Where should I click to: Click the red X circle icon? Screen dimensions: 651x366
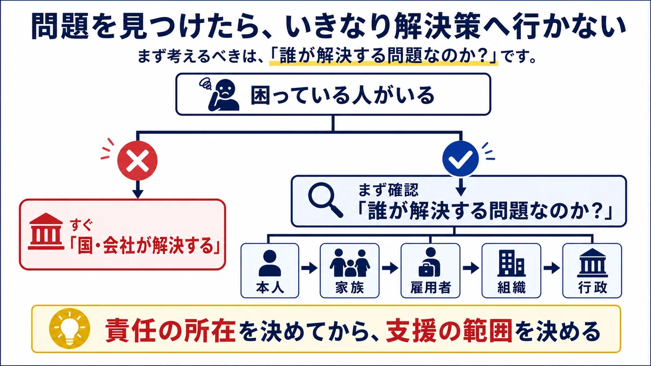137,160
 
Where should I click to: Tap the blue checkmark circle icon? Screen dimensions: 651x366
461,159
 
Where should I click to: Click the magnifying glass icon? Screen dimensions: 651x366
325,200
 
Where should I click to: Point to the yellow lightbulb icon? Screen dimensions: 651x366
70,328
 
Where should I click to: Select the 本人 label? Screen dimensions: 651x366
270,287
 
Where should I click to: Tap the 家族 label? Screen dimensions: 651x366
349,287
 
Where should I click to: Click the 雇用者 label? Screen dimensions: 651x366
430,287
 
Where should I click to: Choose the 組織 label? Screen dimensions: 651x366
512,287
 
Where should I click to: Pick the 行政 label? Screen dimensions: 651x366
592,287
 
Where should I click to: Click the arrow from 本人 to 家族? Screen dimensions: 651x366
309,268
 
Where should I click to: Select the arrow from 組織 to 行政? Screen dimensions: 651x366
552,268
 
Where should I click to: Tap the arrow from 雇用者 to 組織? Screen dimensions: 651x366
471,268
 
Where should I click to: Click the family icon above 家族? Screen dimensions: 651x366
349,262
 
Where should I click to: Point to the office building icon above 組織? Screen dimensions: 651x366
512,263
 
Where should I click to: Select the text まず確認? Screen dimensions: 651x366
388,190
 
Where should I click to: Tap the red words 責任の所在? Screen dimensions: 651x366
170,331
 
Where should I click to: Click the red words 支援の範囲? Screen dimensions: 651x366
449,331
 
